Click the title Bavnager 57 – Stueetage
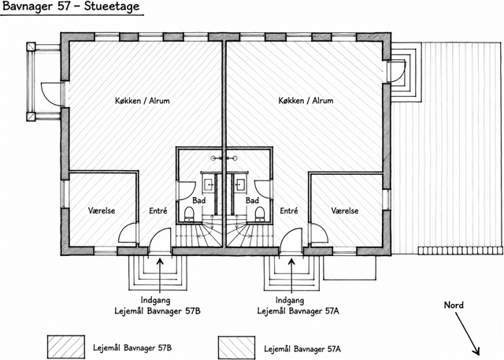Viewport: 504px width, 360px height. click(x=71, y=7)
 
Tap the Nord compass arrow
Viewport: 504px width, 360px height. click(x=468, y=334)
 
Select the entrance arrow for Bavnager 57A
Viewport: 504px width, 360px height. click(x=291, y=271)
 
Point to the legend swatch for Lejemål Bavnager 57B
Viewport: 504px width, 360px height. click(x=66, y=347)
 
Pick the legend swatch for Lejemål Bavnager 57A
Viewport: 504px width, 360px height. click(x=236, y=347)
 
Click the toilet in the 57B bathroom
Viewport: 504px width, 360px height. click(x=189, y=214)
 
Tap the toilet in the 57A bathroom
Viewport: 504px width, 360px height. click(x=260, y=214)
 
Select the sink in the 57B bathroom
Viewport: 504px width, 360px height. click(x=209, y=184)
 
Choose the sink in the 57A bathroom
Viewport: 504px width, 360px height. click(x=239, y=184)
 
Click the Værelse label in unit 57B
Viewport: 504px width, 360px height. click(x=102, y=210)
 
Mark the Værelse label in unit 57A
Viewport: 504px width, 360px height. click(x=345, y=210)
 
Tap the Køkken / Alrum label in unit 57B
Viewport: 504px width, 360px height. click(x=142, y=101)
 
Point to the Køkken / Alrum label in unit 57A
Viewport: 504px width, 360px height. click(x=306, y=101)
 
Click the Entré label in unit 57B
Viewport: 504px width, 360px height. click(x=158, y=211)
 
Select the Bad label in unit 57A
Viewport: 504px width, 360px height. click(x=252, y=201)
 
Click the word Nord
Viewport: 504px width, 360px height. click(x=454, y=305)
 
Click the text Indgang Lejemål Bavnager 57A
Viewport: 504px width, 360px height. click(x=298, y=306)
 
